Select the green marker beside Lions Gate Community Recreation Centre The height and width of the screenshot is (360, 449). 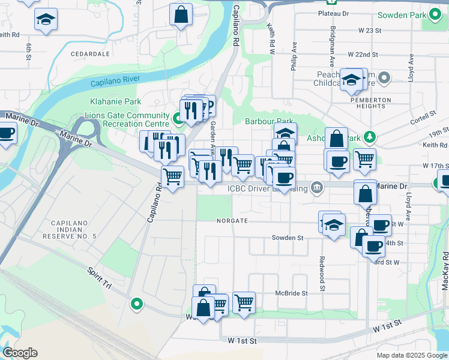178,119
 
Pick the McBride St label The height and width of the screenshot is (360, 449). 291,293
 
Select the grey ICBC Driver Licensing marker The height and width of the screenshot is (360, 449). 316,188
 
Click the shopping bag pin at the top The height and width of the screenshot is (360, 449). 181,13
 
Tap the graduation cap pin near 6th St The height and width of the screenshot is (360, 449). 46,19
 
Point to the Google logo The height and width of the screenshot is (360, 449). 20,353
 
